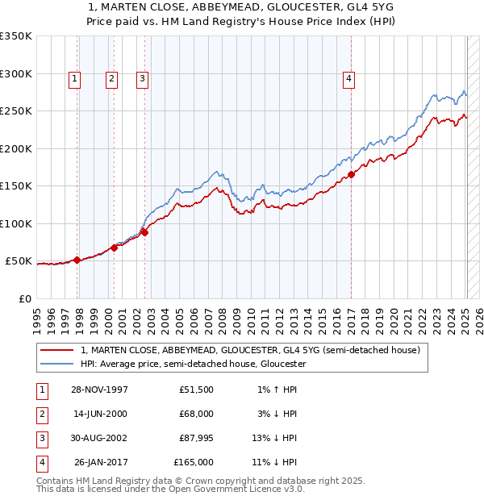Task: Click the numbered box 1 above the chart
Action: pos(74,79)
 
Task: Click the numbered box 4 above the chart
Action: pos(348,79)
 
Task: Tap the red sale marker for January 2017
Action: pos(352,174)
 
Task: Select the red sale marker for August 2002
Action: pos(145,232)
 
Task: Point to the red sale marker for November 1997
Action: pos(77,260)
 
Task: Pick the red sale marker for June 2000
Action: pos(114,248)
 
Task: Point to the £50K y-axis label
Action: pos(19,261)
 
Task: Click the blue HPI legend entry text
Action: pos(193,364)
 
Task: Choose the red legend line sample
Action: pos(56,351)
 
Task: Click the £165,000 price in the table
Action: pos(194,462)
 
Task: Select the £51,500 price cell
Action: pos(196,390)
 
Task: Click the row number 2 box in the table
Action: pos(41,414)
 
